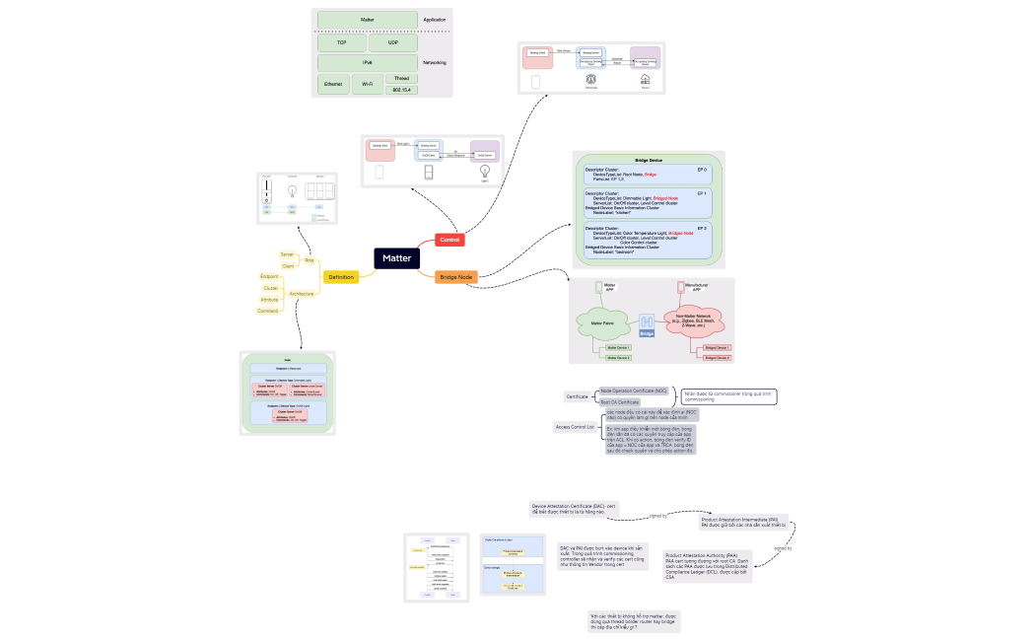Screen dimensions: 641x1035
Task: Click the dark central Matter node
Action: (397, 258)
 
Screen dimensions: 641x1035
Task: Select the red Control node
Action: (449, 240)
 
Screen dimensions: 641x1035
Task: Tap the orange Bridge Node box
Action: (456, 277)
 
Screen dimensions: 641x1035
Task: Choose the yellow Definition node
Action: (341, 277)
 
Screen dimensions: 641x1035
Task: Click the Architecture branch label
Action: (302, 293)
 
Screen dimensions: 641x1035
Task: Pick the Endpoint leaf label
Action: (269, 276)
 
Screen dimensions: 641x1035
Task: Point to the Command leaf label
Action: (268, 311)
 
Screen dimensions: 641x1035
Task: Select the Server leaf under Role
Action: (288, 254)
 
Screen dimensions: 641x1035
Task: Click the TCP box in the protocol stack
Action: (341, 43)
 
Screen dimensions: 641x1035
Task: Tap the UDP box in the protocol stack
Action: (393, 43)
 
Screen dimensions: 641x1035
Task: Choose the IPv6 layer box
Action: (368, 62)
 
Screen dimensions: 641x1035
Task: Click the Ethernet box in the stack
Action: (333, 85)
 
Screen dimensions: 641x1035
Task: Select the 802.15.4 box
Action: (401, 90)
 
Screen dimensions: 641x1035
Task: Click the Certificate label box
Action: (577, 396)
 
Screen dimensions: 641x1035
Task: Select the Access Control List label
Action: (575, 427)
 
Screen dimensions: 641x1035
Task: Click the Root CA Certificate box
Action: (620, 402)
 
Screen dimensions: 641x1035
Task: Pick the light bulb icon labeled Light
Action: (484, 173)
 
